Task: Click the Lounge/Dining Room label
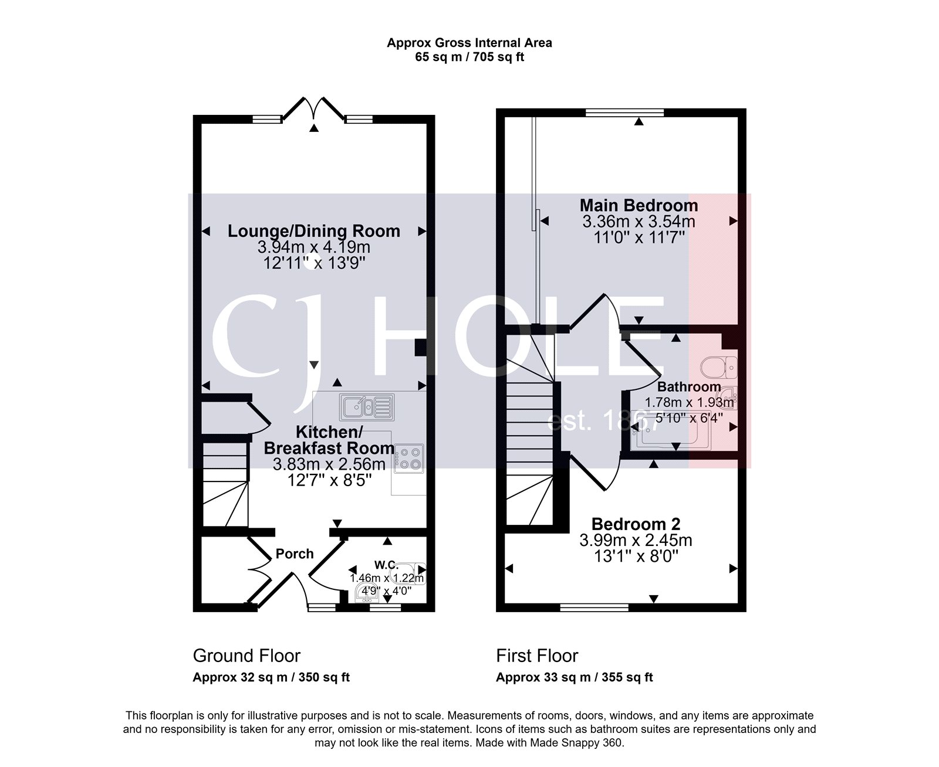(x=314, y=230)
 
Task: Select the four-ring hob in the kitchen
(x=409, y=459)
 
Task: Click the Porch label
(x=295, y=554)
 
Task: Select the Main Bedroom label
(x=639, y=205)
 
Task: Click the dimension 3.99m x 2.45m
(x=636, y=539)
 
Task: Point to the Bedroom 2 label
(x=636, y=524)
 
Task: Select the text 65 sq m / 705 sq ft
(x=469, y=57)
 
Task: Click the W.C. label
(x=386, y=565)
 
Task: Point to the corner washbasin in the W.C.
(x=367, y=595)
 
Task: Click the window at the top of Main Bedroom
(x=624, y=112)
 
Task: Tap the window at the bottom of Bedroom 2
(x=593, y=608)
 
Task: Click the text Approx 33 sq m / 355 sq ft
(x=574, y=677)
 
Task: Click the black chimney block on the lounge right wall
(x=421, y=347)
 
